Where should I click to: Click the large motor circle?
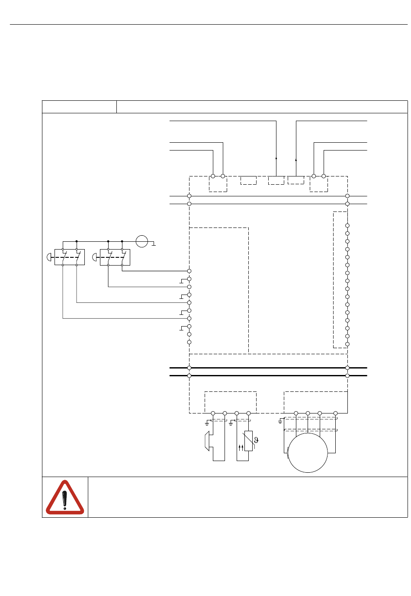click(x=308, y=453)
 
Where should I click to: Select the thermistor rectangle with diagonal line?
click(x=248, y=441)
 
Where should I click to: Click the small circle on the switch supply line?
click(x=142, y=241)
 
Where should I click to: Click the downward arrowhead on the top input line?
click(x=276, y=159)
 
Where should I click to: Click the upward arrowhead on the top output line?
click(x=296, y=160)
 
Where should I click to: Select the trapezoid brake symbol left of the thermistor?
click(x=207, y=441)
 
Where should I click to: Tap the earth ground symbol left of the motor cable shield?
click(x=280, y=421)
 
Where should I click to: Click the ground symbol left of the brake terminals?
click(x=207, y=421)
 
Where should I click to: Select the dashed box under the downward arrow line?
click(x=276, y=180)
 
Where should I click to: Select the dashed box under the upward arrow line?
click(x=296, y=180)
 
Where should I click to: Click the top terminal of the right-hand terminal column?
click(x=347, y=225)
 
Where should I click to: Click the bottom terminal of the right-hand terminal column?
click(x=347, y=344)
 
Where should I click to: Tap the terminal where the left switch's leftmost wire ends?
click(x=189, y=318)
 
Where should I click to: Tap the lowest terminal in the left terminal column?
click(x=189, y=342)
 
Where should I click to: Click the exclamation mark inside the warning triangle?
click(x=65, y=500)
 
